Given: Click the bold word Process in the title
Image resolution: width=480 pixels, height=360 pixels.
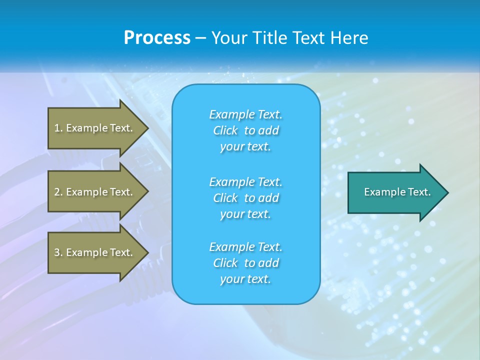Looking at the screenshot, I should tap(157, 38).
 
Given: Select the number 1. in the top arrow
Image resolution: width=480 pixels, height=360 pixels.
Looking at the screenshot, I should tap(58, 128).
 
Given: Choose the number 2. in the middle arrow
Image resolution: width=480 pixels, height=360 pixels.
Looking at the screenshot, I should tap(58, 192).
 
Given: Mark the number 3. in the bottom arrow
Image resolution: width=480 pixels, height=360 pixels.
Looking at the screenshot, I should tap(58, 252).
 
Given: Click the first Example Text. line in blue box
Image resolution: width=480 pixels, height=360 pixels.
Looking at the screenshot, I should tap(245, 114).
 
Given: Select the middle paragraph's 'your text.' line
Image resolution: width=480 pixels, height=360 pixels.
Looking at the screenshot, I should tap(245, 214).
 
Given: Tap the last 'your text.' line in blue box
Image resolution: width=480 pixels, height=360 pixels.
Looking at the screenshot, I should tap(245, 279).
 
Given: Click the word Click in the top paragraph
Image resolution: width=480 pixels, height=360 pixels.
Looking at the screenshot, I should tap(225, 130).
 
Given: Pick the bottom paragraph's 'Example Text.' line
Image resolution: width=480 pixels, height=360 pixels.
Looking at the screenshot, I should tap(245, 247).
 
